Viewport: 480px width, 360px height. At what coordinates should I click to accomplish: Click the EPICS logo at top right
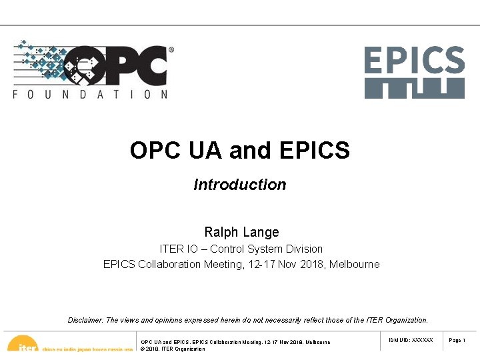coord(414,72)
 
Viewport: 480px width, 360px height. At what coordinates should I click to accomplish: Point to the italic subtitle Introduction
coord(240,185)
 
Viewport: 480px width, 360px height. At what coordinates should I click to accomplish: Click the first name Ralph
coord(221,232)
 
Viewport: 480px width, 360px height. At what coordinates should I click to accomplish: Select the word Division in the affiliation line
coord(303,249)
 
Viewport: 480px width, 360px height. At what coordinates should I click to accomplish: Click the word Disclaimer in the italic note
coord(85,320)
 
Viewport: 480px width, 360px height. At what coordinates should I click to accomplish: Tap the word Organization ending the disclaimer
coord(407,320)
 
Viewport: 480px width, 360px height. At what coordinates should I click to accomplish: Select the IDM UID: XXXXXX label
coord(411,340)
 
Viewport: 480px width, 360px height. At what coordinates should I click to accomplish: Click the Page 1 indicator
coord(457,340)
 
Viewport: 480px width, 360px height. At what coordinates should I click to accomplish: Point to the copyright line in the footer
coord(173,349)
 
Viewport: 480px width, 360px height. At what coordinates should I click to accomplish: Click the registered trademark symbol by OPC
coord(171,49)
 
